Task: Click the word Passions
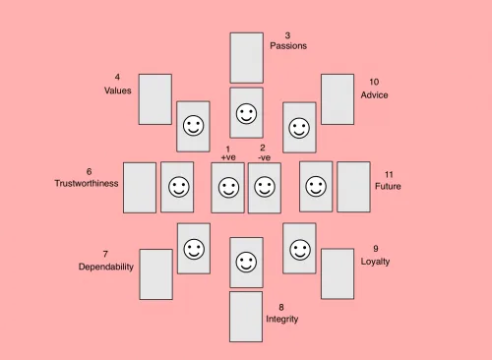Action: click(288, 46)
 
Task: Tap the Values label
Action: click(117, 90)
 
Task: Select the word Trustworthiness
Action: click(87, 183)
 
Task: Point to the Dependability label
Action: click(105, 267)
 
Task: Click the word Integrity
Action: click(281, 319)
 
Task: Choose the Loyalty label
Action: click(375, 262)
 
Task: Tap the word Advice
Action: click(374, 95)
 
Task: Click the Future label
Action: click(388, 186)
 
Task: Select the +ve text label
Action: click(228, 157)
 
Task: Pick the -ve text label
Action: click(264, 157)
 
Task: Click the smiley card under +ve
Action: click(227, 187)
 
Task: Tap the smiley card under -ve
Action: click(264, 187)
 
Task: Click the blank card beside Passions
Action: click(246, 57)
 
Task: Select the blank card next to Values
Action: click(154, 98)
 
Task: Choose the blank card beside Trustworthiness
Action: click(139, 187)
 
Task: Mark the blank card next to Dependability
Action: click(155, 273)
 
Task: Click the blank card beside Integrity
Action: click(246, 316)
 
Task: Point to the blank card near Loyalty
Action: click(337, 273)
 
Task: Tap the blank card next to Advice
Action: click(337, 98)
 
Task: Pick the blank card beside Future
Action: click(353, 187)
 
